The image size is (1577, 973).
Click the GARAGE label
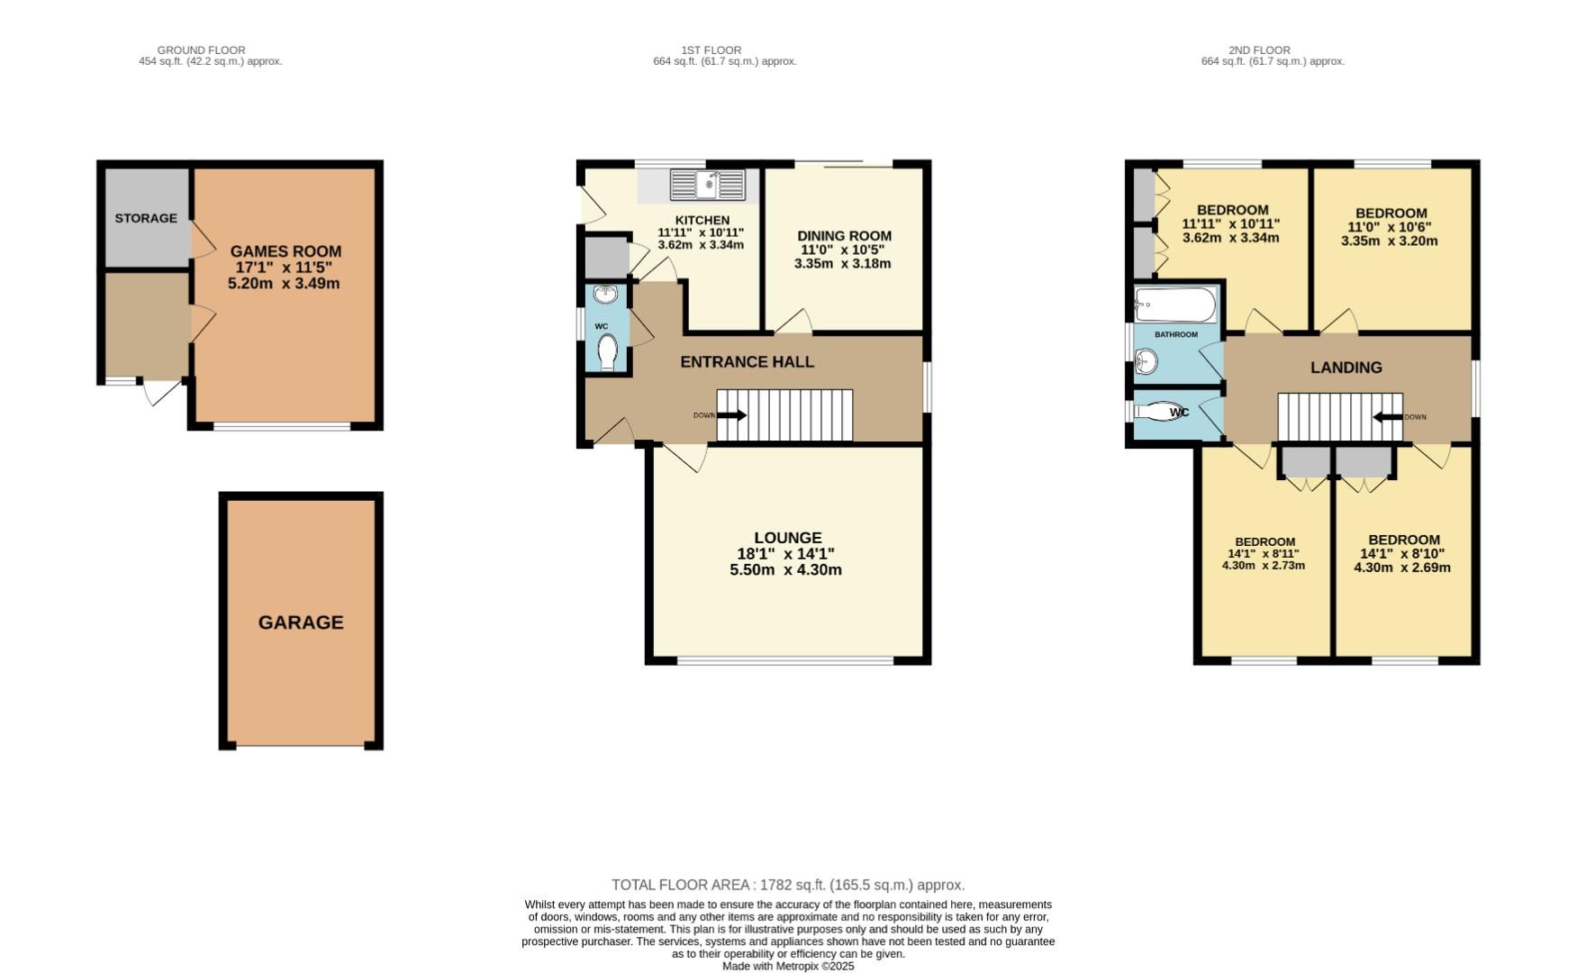point(301,623)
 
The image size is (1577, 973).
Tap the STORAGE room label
point(146,218)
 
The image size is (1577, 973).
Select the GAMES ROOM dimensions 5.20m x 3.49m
point(284,284)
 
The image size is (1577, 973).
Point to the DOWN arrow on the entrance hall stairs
point(731,415)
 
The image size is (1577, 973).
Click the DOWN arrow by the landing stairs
point(1387,417)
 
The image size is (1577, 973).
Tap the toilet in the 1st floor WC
point(608,351)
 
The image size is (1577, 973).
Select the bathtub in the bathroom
point(1174,305)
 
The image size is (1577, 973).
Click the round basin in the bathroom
point(1146,362)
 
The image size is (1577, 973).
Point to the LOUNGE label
point(788,538)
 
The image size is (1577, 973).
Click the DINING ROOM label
point(844,236)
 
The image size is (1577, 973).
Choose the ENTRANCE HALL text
point(747,362)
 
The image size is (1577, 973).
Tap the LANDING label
point(1346,368)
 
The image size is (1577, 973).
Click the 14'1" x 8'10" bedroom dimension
point(1401,554)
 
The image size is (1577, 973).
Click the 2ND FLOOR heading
point(1258,50)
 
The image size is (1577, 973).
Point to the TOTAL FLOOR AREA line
point(788,886)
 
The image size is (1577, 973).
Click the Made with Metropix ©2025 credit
point(788,966)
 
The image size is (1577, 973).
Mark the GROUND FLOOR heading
point(201,50)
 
